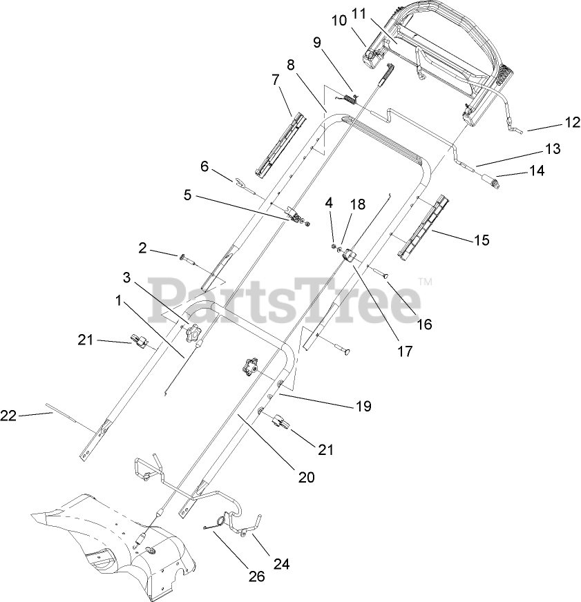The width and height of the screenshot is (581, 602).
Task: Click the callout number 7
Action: (x=276, y=81)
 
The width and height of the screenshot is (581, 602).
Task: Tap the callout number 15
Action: (x=481, y=240)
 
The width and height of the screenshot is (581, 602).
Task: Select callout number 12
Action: (x=573, y=124)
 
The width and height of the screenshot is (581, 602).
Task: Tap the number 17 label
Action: (x=405, y=351)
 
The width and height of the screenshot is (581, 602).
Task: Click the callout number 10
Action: (x=339, y=21)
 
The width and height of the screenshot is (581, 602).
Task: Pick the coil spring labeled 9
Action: (x=350, y=99)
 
